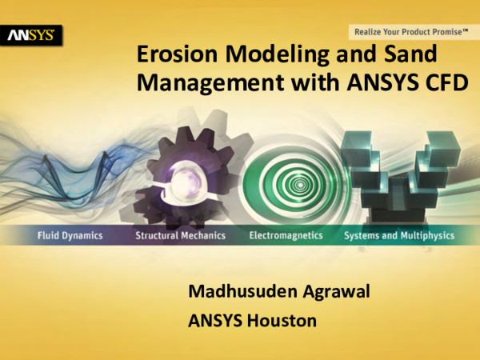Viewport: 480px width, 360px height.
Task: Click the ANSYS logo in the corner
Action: [x=31, y=35]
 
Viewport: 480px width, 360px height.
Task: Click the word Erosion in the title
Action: [x=178, y=55]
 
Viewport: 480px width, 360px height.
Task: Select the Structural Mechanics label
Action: [x=180, y=236]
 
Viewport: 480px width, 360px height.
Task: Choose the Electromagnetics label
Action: [x=286, y=236]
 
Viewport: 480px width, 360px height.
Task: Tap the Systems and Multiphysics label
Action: [x=399, y=236]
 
